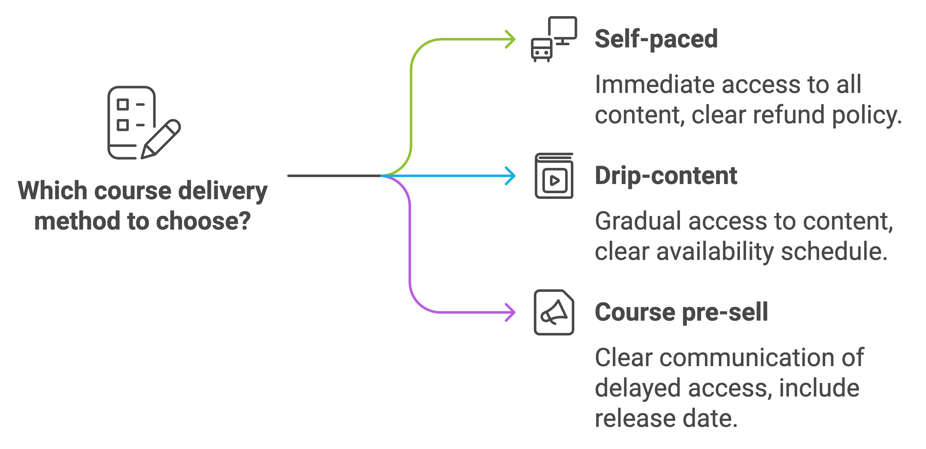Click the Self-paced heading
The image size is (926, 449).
656,39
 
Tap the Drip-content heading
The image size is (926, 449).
666,176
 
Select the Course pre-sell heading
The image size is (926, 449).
681,312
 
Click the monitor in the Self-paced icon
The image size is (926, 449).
563,29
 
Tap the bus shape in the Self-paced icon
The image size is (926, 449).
542,50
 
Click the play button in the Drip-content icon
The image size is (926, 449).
555,180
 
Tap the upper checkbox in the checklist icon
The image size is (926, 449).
123,105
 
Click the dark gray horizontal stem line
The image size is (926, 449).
334,176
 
